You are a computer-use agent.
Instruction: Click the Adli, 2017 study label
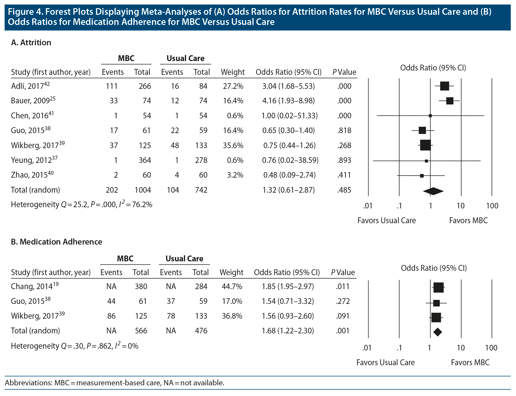pos(30,86)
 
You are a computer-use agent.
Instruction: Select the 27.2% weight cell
pos(233,86)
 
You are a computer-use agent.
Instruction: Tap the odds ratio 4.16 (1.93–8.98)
pos(288,101)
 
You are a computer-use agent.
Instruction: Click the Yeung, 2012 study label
pos(34,160)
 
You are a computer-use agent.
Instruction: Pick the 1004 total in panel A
pos(143,190)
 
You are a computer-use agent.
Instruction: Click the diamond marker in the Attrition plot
pos(433,191)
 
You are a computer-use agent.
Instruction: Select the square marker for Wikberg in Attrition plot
pos(425,145)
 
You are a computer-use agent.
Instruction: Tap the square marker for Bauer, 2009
pos(450,101)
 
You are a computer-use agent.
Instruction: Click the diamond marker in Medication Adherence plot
pos(438,332)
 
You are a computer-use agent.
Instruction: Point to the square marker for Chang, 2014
pos(438,288)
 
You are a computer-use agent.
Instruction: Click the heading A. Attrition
pos(31,43)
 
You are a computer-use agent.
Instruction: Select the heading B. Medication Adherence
pos(56,242)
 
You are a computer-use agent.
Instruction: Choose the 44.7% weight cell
pos(232,287)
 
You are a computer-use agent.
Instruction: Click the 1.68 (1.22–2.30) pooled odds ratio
pos(288,331)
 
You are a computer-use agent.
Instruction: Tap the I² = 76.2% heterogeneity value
pos(136,204)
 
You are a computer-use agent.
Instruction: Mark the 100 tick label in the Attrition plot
pos(492,206)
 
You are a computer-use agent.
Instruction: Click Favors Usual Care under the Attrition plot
pos(387,220)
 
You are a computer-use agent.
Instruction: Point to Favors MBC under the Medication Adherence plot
pos(470,362)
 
